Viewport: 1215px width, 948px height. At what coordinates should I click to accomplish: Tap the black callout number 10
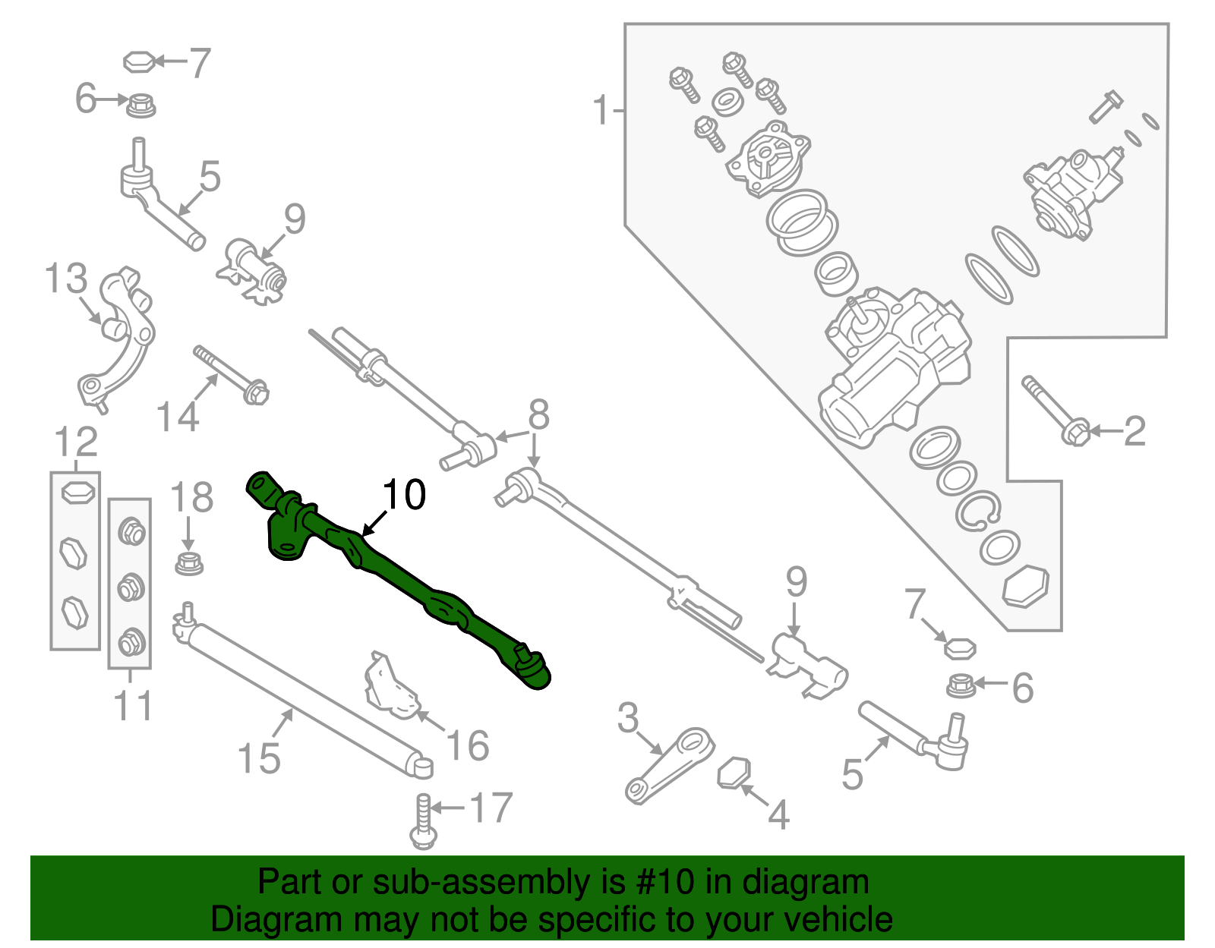click(405, 495)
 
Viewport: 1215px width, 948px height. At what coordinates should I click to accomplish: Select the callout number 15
click(259, 757)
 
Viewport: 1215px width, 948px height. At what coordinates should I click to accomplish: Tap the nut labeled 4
click(734, 773)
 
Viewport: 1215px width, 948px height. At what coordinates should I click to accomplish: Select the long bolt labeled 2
click(1056, 410)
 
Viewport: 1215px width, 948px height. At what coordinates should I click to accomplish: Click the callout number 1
click(601, 111)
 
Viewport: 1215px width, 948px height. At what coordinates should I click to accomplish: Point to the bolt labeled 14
click(232, 375)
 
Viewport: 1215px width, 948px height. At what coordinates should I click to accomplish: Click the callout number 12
click(76, 442)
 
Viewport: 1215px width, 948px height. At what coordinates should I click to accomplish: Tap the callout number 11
click(133, 706)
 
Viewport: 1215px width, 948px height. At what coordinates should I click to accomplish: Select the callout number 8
click(538, 415)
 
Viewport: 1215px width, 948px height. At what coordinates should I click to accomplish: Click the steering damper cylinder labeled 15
click(304, 698)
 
